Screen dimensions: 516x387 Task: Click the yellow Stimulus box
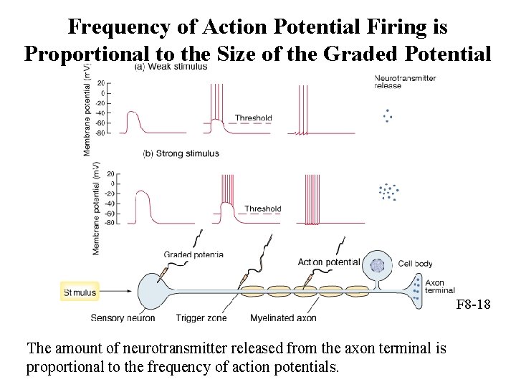pos(80,292)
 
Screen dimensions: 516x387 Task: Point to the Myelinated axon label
pos(283,317)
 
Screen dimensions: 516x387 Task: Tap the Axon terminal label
pos(439,287)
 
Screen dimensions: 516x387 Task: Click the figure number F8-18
pos(474,305)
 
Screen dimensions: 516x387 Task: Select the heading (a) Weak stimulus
pos(171,67)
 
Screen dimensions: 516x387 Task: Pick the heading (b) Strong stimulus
pos(181,153)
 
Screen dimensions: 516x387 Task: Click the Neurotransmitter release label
pos(405,82)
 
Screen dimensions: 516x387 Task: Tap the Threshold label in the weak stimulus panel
pos(253,118)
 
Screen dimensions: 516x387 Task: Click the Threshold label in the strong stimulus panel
pos(262,209)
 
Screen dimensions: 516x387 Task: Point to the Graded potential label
pos(193,254)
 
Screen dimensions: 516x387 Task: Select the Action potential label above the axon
pos(328,262)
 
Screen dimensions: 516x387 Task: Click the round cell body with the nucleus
pos(377,266)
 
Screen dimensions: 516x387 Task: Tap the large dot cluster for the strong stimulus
pos(388,192)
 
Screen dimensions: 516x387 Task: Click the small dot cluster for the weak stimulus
pos(388,115)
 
